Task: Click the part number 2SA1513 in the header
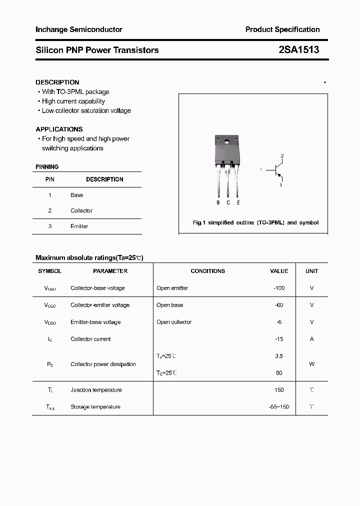click(x=299, y=50)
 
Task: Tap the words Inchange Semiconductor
click(x=79, y=29)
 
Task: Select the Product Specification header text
click(x=282, y=29)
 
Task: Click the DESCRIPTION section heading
click(x=57, y=82)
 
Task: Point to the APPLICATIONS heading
click(x=59, y=129)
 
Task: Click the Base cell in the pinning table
click(x=77, y=195)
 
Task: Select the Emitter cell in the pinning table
click(x=79, y=226)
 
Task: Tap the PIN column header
click(x=50, y=179)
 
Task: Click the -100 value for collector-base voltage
click(x=278, y=288)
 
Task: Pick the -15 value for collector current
click(x=279, y=339)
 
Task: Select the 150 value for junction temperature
click(x=279, y=390)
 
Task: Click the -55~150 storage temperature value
click(x=279, y=407)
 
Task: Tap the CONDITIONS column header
click(x=208, y=271)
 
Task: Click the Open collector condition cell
click(x=174, y=322)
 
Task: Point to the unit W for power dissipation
click(x=312, y=364)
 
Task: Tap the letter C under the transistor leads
click(x=228, y=202)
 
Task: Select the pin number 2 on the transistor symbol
click(x=282, y=156)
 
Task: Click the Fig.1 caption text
click(x=255, y=222)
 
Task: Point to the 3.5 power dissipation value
click(x=279, y=356)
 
